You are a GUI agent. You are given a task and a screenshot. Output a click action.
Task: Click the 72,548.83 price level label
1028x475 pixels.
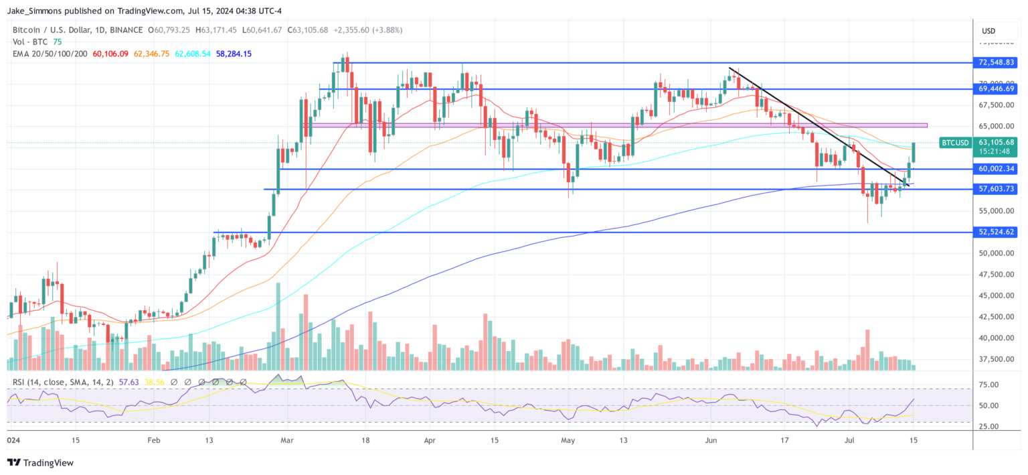996,62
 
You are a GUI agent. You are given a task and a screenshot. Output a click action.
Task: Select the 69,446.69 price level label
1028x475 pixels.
996,88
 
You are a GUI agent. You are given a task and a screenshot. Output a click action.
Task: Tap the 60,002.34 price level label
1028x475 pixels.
996,169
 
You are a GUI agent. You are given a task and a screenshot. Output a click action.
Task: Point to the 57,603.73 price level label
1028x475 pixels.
996,190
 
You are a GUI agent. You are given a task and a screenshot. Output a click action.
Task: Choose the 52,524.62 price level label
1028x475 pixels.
996,232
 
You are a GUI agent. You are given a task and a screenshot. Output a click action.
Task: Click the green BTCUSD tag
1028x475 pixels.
954,143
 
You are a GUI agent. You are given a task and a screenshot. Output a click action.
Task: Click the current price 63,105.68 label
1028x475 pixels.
996,142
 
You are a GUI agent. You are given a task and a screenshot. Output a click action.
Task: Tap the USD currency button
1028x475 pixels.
988,31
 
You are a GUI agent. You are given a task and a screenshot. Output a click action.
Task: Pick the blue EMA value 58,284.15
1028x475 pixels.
234,54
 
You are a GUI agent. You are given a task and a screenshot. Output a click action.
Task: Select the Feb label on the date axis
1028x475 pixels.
154,441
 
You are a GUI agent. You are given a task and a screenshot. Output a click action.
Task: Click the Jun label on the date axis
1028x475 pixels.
711,441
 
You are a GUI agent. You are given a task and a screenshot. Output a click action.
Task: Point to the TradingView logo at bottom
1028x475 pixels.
40,463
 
